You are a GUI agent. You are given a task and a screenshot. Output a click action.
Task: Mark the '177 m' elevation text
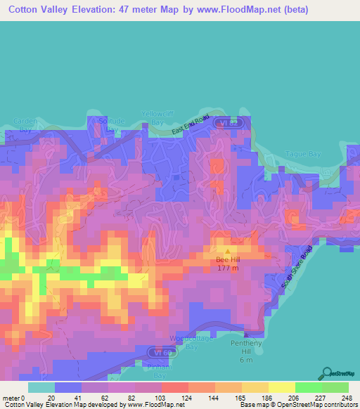click(226, 267)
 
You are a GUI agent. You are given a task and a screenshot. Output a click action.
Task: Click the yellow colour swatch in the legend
click(281, 387)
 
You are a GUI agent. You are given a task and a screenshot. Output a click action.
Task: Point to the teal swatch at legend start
click(41, 387)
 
